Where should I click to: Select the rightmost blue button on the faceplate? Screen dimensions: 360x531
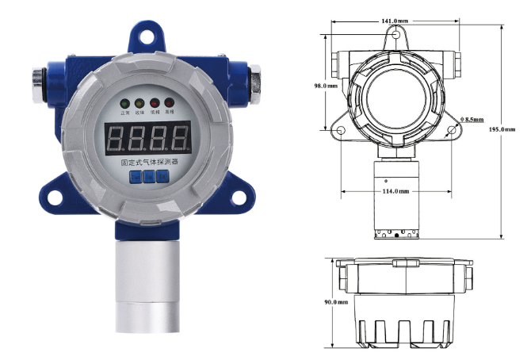162,177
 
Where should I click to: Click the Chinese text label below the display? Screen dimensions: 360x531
148,162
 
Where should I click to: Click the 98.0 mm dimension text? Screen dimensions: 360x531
326,85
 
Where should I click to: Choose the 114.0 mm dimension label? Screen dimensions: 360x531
395,191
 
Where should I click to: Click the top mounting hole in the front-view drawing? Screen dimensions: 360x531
397,36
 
